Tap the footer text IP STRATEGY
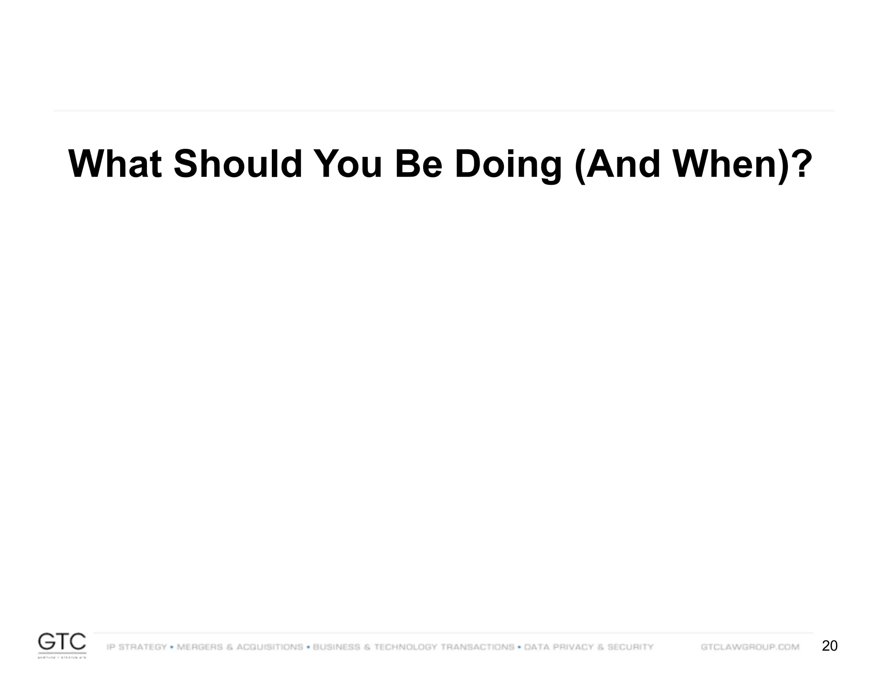[137, 647]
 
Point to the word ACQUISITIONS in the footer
[270, 647]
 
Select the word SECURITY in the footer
[630, 647]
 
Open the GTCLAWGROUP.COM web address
[750, 647]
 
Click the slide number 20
[829, 646]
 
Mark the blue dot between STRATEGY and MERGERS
[172, 647]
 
